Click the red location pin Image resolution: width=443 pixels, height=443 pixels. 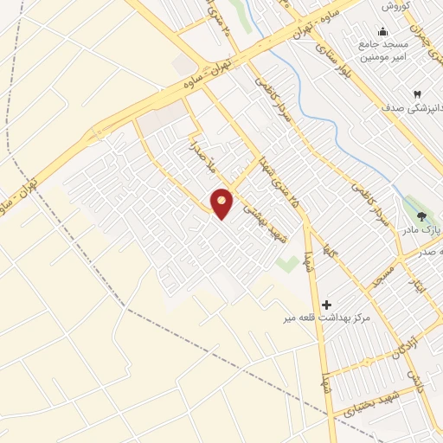click(x=222, y=202)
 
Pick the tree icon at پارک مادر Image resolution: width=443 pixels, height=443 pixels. click(x=421, y=217)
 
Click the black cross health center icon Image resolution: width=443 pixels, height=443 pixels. click(x=326, y=304)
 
